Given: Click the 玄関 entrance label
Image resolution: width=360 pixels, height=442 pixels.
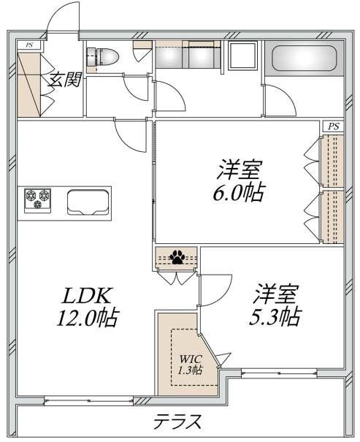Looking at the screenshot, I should [x=63, y=80].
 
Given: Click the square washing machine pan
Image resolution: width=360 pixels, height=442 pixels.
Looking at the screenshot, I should [x=242, y=57].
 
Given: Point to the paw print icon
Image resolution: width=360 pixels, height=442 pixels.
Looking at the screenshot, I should [x=176, y=257].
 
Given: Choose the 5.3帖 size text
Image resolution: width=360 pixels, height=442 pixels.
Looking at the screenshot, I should [x=276, y=317].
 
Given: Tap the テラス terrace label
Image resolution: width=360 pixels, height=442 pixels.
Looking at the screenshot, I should [x=177, y=422].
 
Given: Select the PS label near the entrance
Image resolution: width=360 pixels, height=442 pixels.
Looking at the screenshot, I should [x=29, y=45].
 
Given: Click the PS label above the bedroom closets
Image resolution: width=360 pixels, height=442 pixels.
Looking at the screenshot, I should [x=333, y=126].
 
